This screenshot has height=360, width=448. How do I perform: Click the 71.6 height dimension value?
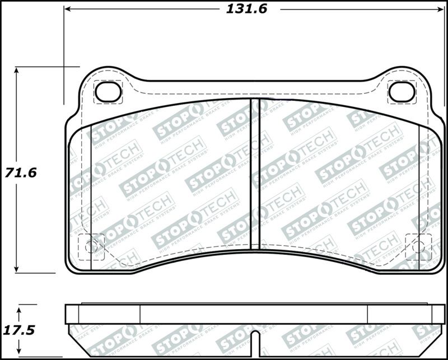tap(21, 172)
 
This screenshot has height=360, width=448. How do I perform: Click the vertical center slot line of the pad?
tap(259, 174)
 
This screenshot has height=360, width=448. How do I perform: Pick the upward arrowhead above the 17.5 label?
tap(20, 308)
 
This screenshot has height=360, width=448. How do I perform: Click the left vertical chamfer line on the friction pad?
tap(90, 185)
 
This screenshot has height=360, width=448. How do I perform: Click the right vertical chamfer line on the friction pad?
tap(419, 185)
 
